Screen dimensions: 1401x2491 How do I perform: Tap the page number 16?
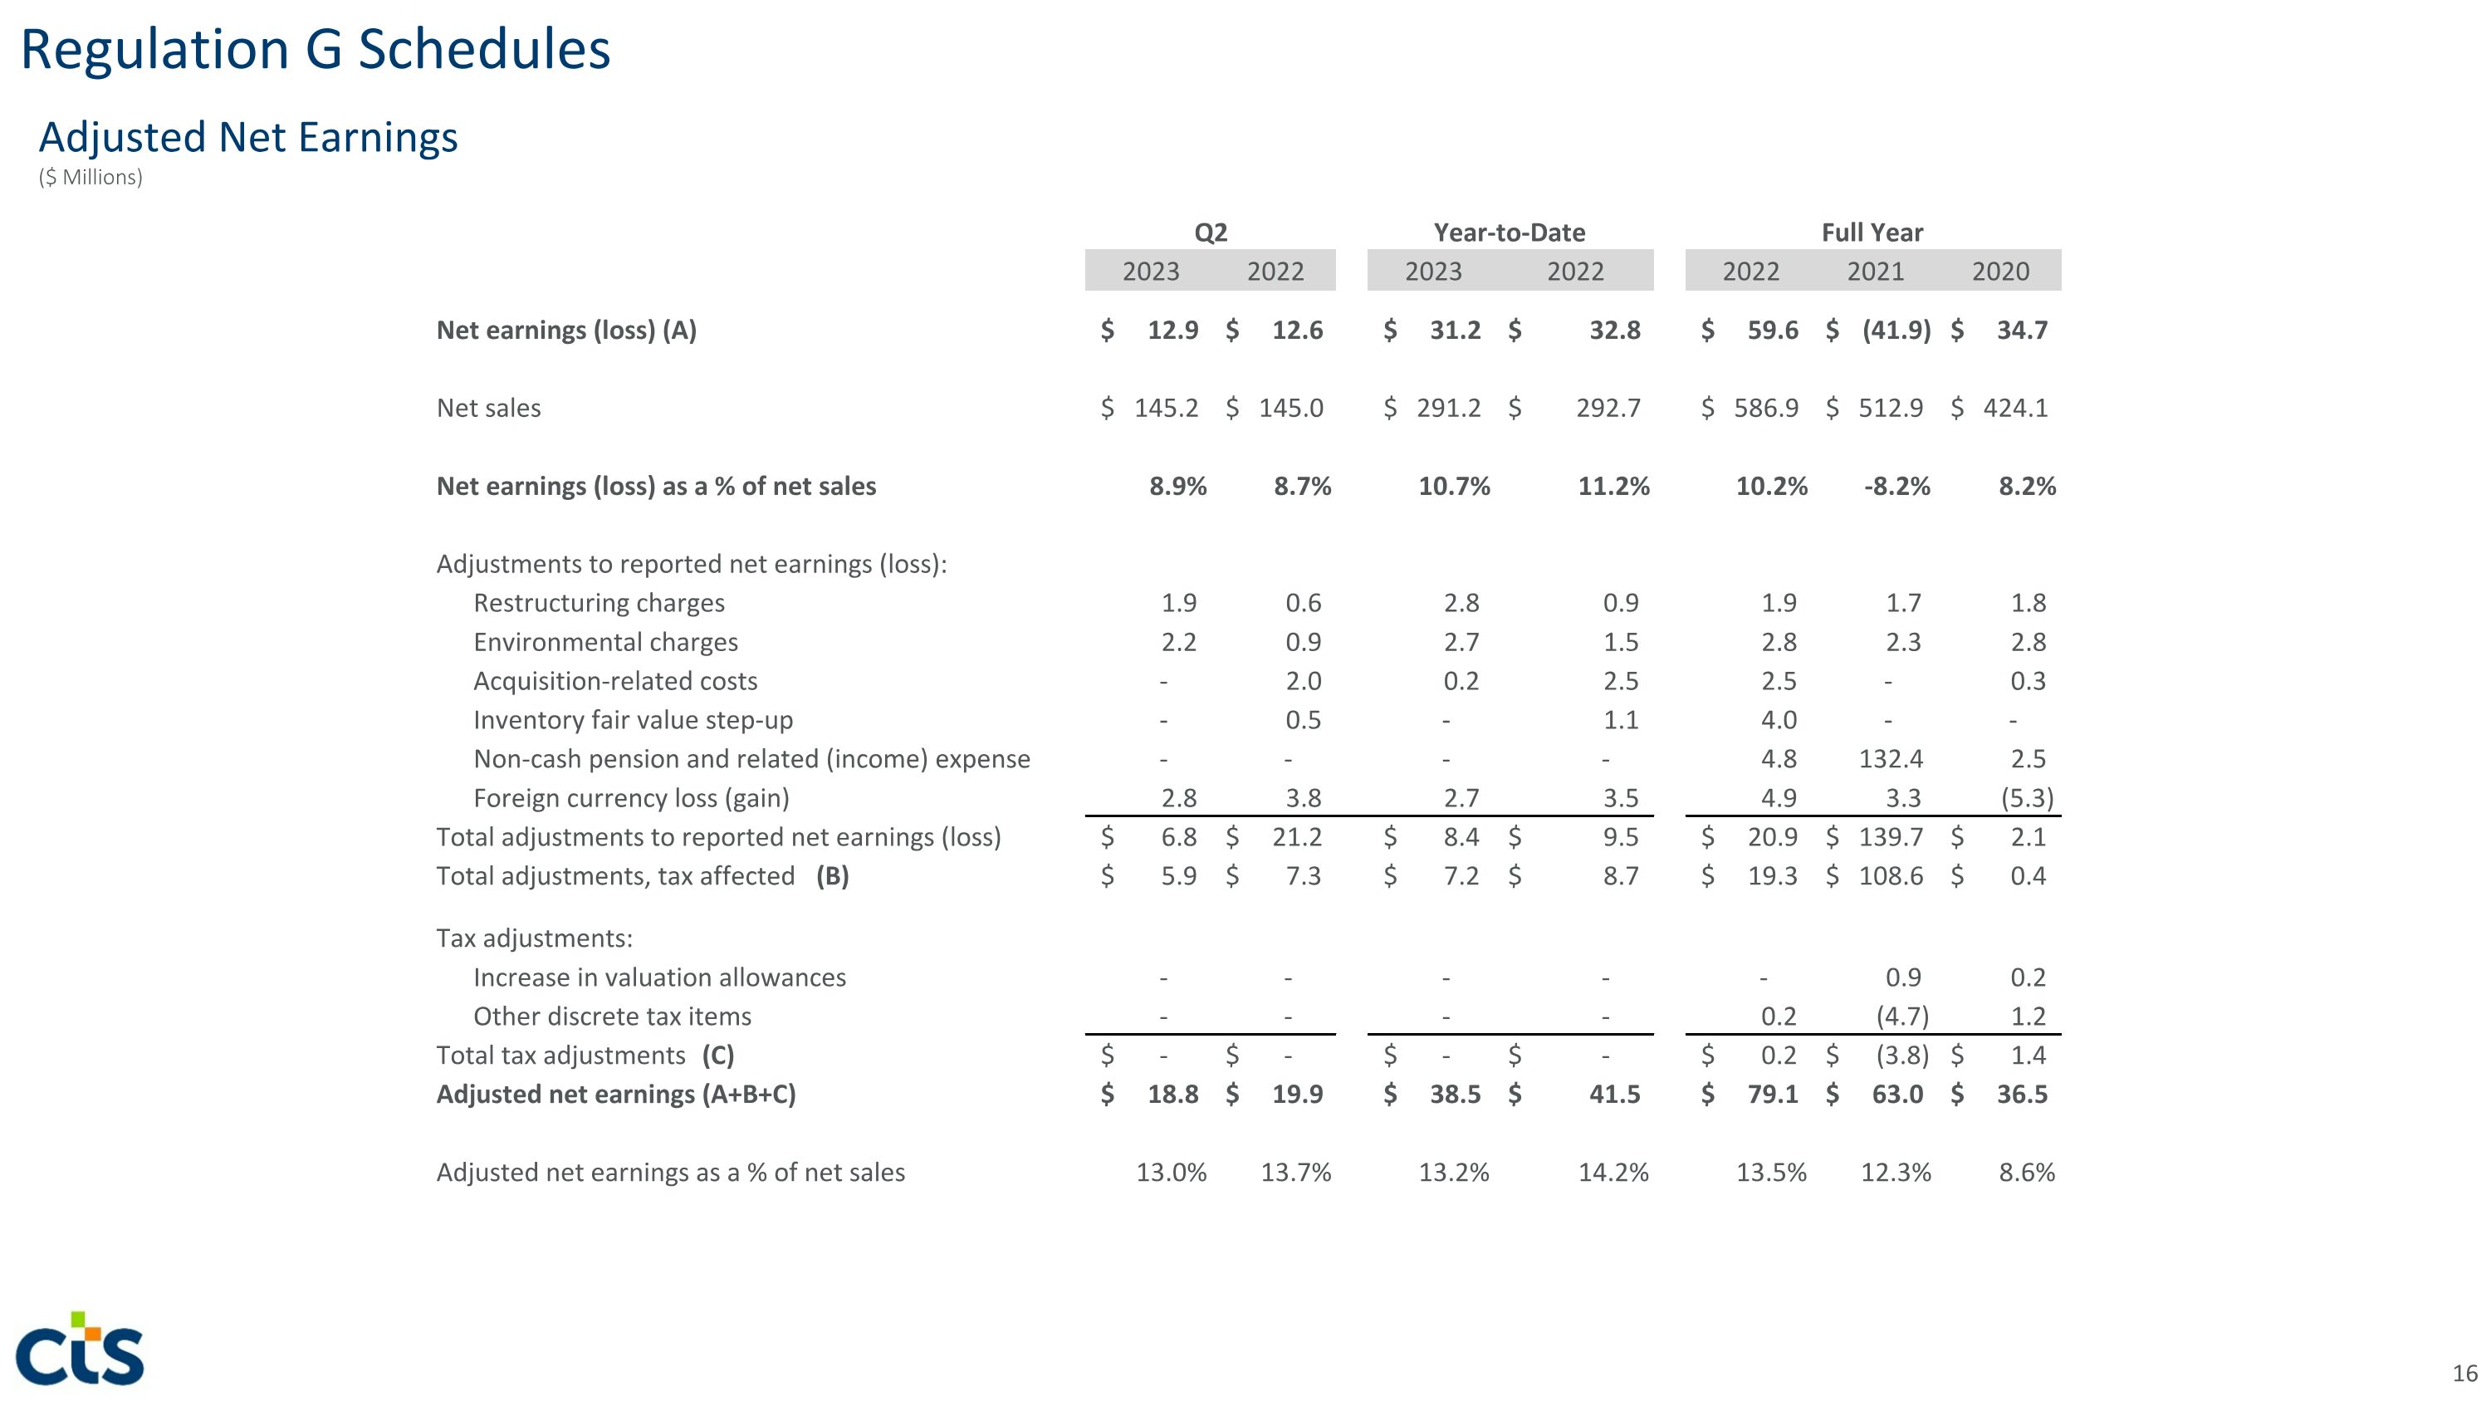[x=2464, y=1373]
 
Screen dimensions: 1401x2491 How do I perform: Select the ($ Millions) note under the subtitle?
[x=91, y=178]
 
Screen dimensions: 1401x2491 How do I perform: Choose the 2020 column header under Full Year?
[x=1999, y=272]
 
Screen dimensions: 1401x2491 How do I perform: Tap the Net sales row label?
[x=488, y=408]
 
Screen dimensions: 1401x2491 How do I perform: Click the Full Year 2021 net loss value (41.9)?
[x=1896, y=331]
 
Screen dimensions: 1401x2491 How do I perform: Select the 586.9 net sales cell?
[x=1766, y=408]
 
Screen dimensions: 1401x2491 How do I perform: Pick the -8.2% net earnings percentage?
[x=1896, y=487]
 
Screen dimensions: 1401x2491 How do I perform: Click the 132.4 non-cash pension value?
[x=1891, y=759]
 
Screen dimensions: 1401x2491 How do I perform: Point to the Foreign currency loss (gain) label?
[x=630, y=799]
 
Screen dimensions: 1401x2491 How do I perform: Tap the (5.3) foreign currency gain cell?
[x=2027, y=799]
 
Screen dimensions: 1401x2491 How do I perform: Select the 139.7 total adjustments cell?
[x=1891, y=837]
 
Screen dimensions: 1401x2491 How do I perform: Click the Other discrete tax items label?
[x=611, y=1017]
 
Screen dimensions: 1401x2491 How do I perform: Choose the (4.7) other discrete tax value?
[x=1902, y=1017]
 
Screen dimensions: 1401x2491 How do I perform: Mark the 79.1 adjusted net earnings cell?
[x=1773, y=1095]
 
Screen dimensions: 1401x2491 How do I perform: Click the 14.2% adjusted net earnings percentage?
[x=1613, y=1173]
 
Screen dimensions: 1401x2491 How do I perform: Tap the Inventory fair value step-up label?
[x=633, y=720]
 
